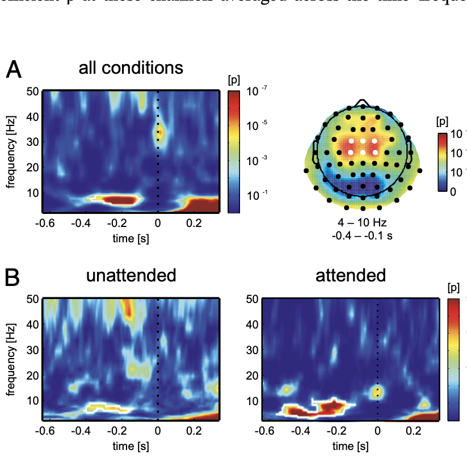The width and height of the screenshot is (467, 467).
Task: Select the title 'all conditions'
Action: coord(131,68)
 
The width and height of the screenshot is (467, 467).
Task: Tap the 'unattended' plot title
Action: coord(131,276)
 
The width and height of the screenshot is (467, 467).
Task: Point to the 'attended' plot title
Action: coord(351,276)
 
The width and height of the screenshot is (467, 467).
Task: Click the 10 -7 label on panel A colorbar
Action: coord(254,92)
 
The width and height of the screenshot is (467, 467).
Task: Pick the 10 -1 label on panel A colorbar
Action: coord(254,195)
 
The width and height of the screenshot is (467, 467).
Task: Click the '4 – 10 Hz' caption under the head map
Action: coord(362,222)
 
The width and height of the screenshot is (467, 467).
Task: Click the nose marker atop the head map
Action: coord(361,103)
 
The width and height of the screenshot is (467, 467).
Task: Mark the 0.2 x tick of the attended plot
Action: coord(413,431)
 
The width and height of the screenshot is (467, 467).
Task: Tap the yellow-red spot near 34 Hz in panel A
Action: coord(160,132)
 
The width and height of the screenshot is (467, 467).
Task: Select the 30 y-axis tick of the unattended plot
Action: coord(33,350)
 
